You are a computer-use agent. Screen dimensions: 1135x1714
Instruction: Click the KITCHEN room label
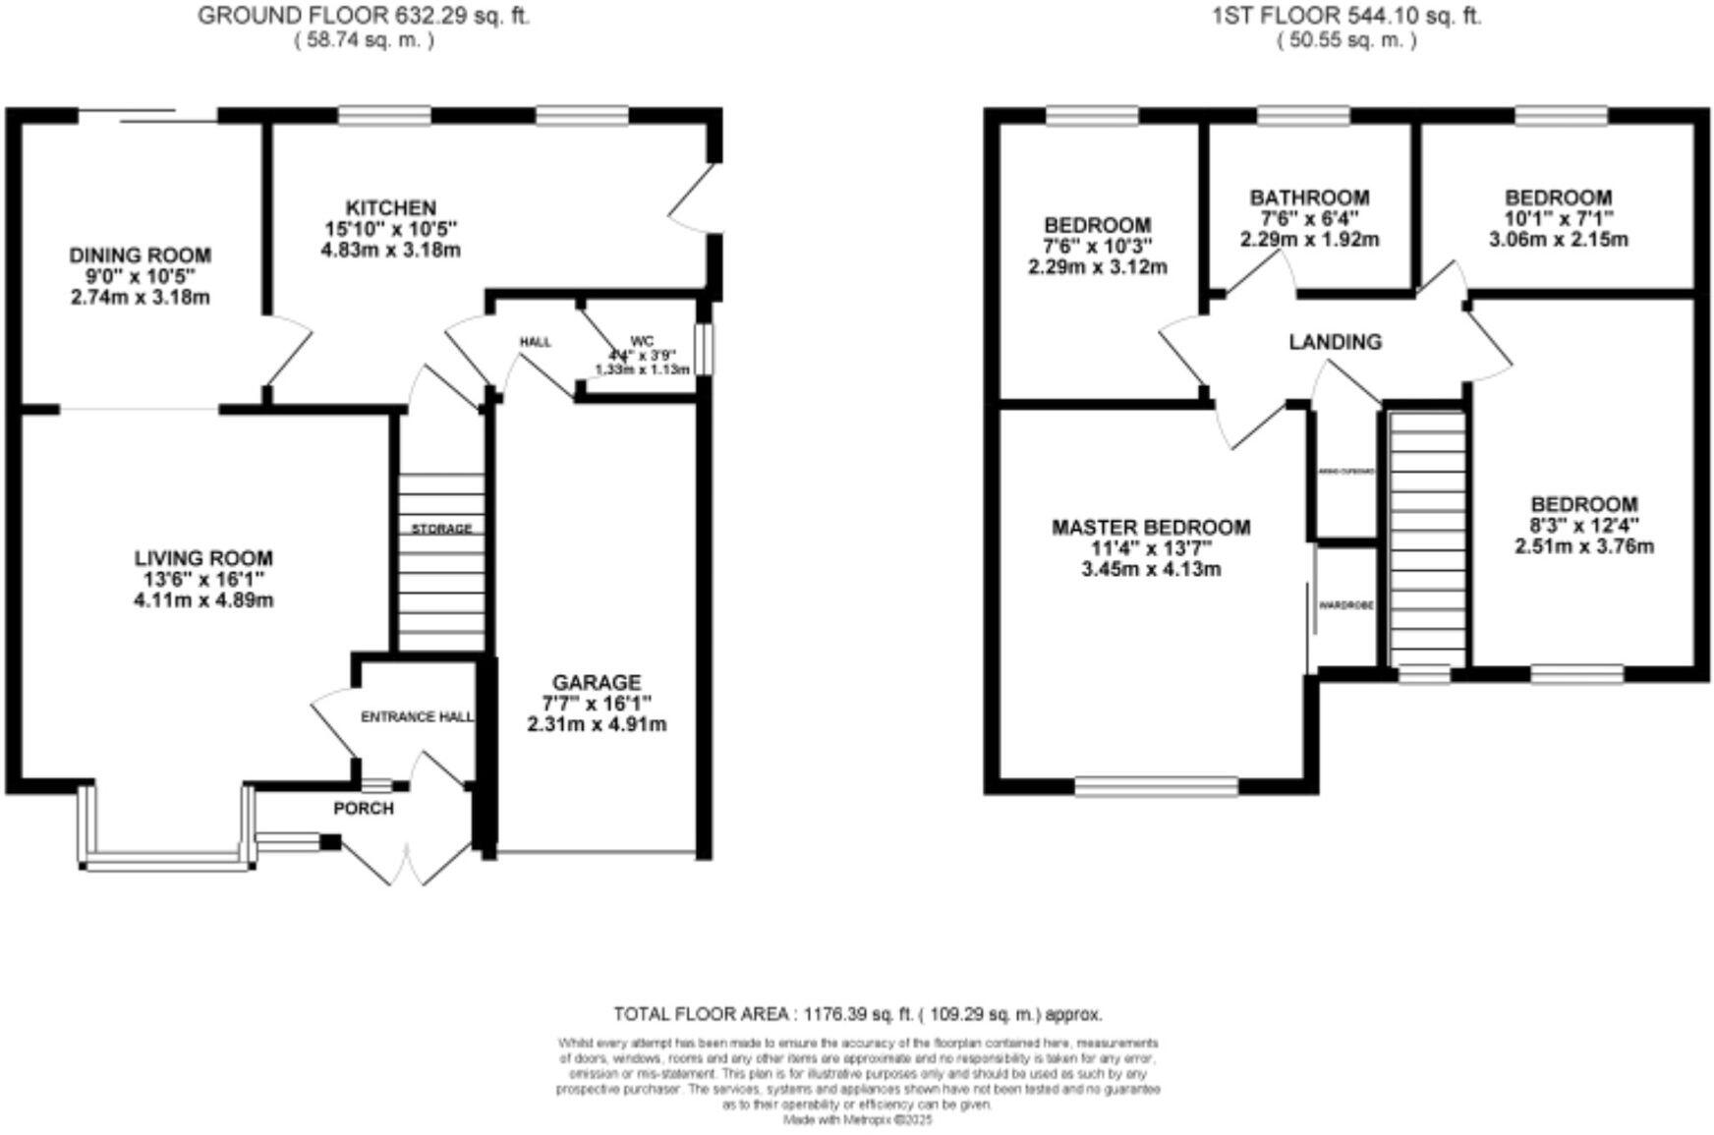pos(390,208)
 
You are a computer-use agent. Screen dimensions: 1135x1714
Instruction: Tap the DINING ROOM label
pos(140,255)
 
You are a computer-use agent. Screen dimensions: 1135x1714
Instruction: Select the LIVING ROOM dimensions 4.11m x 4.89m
pos(203,599)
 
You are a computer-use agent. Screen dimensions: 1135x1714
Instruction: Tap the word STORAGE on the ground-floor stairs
pos(441,529)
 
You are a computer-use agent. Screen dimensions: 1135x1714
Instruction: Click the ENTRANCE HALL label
pos(417,716)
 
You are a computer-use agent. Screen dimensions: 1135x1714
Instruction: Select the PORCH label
pos(364,809)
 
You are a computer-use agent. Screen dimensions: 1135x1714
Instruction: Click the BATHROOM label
pos(1309,198)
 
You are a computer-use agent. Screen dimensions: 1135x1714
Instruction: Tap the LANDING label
pos(1335,342)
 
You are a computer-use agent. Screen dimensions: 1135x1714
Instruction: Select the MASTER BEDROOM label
pos(1151,528)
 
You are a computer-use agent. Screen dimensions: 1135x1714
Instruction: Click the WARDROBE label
pos(1345,605)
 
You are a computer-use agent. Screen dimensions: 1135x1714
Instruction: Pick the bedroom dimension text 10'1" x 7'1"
pos(1559,218)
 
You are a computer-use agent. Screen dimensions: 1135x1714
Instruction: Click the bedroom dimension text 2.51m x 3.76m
pos(1583,546)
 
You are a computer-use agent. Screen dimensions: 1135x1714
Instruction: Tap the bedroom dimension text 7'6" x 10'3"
pos(1097,246)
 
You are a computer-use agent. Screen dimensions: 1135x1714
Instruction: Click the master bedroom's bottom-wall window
pos(1156,785)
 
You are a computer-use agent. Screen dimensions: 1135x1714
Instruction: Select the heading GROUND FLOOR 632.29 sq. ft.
pos(364,16)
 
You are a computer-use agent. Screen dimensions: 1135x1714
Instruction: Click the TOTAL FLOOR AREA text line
pos(857,1013)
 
